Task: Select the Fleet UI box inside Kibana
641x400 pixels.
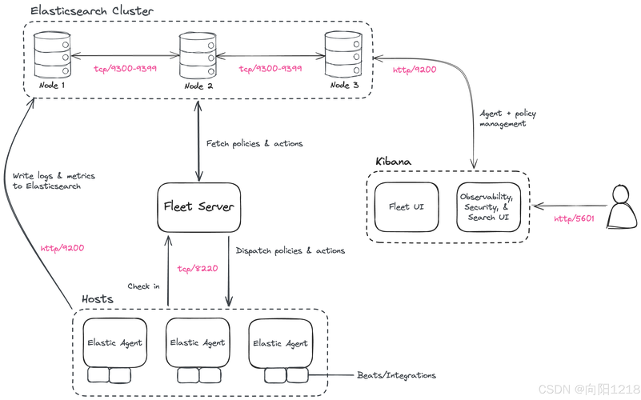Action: pos(399,206)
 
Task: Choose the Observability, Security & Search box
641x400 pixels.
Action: pos(485,206)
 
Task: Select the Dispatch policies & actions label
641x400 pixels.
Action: pos(290,251)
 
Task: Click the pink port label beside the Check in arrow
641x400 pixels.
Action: pos(198,269)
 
